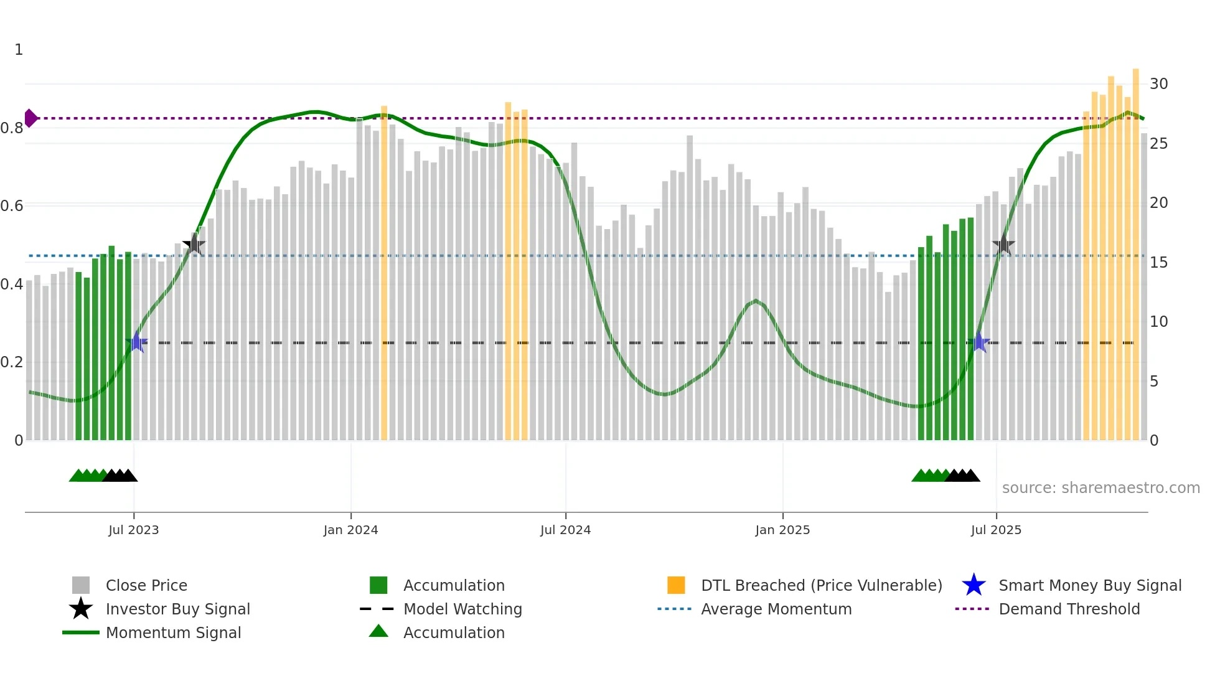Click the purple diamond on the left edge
30,118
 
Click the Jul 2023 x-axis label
133,530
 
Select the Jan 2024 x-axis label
350,530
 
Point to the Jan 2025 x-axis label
782,530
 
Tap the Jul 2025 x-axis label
996,530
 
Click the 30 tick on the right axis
1158,84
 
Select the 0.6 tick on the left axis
12,206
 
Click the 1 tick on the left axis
19,50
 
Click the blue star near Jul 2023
137,342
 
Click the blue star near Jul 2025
979,342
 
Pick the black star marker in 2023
194,244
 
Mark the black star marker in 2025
1003,244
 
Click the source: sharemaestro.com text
1100,487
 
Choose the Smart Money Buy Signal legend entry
1089,585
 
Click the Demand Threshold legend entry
1069,609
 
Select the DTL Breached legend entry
821,585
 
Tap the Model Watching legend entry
462,609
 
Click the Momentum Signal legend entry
173,632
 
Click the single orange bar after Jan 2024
384,274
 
